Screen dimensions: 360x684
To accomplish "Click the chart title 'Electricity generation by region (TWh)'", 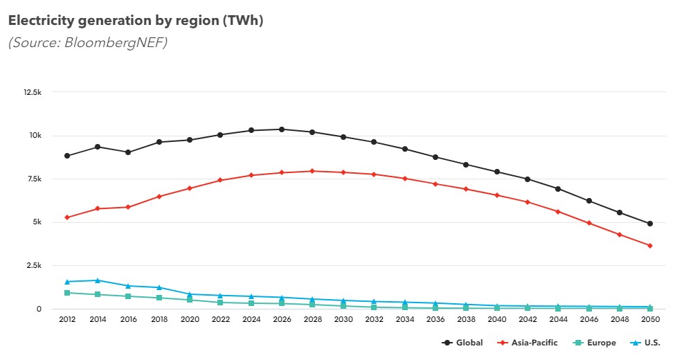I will tap(136, 21).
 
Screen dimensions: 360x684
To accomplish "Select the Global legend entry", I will tap(463, 343).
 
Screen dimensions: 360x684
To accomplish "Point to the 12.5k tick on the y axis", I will tap(32, 91).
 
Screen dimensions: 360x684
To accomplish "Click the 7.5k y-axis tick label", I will tap(33, 179).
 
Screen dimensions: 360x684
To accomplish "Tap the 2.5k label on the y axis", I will tap(33, 265).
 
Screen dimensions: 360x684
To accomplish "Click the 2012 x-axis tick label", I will tap(67, 319).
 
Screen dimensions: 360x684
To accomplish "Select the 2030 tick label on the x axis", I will tap(343, 319).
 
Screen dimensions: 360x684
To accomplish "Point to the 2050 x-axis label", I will tap(649, 319).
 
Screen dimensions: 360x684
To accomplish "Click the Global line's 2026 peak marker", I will tap(281, 129).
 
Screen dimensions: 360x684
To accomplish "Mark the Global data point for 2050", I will tap(649, 224).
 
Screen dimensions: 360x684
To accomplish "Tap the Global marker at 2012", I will tap(67, 156).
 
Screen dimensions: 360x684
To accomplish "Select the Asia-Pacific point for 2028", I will tap(312, 171).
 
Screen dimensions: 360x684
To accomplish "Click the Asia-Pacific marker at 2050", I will tap(649, 246).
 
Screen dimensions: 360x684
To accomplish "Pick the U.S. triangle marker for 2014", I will tap(98, 280).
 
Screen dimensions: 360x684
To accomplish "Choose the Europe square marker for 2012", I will tap(67, 293).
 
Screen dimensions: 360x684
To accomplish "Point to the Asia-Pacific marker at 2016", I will tap(128, 207).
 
